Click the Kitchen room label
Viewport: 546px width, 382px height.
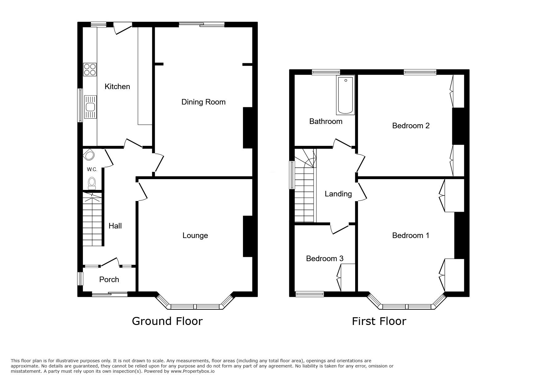[117, 87]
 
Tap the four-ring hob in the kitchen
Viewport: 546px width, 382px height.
[90, 69]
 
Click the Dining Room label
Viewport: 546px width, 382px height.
[203, 102]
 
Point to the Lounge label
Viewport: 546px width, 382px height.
[195, 236]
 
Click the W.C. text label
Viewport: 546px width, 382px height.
[92, 170]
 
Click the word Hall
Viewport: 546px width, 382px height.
[115, 226]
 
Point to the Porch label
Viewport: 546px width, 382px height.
[109, 280]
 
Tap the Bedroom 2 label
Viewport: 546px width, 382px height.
[411, 126]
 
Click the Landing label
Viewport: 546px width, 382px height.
[338, 194]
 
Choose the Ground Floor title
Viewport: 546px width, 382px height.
[167, 321]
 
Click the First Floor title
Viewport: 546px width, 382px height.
[379, 321]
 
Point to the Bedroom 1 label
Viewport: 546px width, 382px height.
[411, 236]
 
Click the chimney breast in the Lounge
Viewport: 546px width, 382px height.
[248, 236]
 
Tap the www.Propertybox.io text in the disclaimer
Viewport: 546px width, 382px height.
[192, 372]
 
